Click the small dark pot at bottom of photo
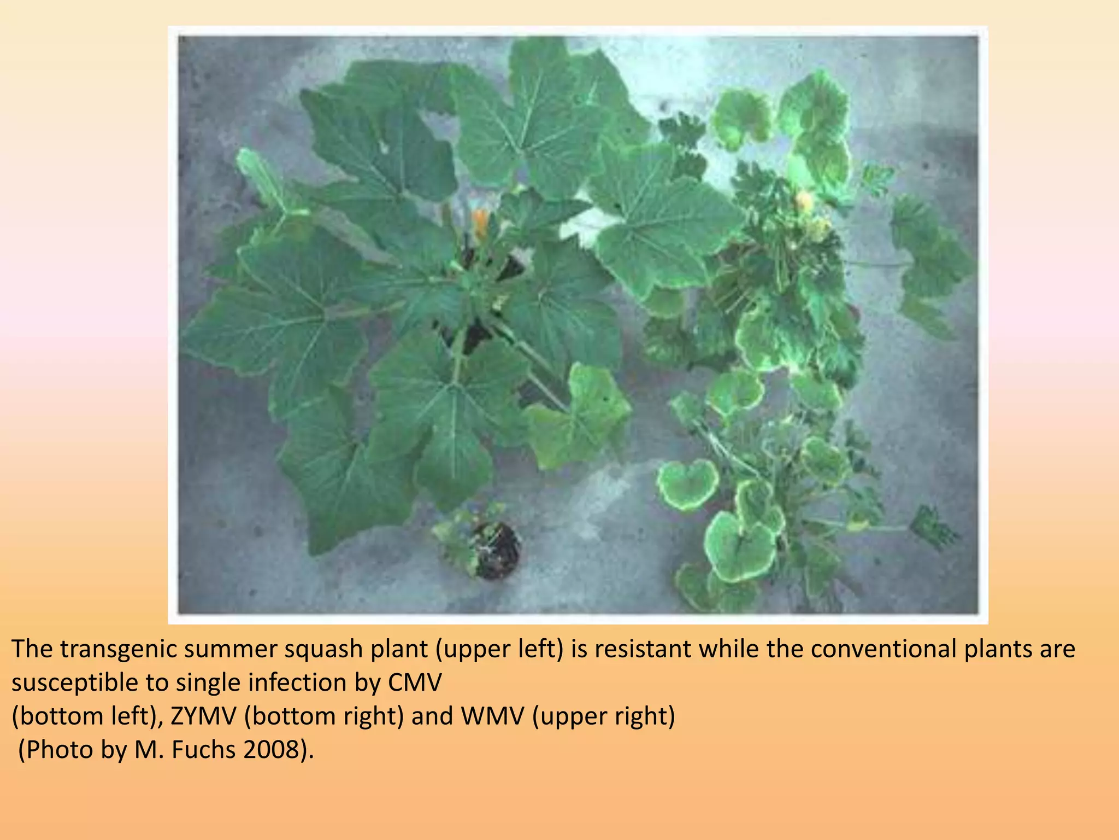(x=496, y=550)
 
